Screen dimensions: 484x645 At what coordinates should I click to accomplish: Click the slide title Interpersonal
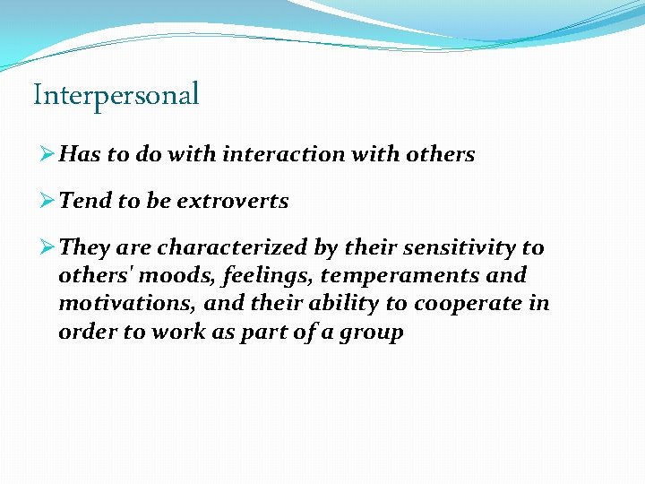click(116, 95)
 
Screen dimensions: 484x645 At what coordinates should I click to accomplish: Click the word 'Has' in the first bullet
click(80, 154)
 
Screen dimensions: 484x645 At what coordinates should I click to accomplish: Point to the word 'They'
click(87, 247)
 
